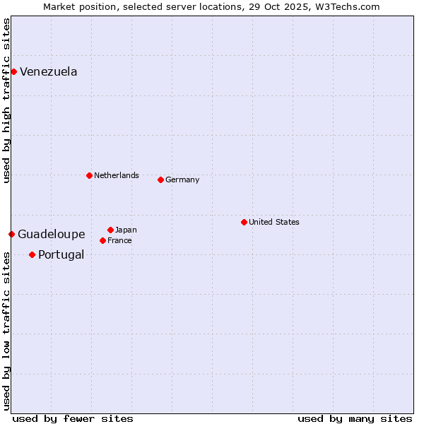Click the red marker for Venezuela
pyautogui.click(x=13, y=71)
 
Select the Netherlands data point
pyautogui.click(x=89, y=175)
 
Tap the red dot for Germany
pyautogui.click(x=160, y=179)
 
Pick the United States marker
pyautogui.click(x=244, y=222)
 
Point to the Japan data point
pyautogui.click(x=110, y=230)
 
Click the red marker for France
pyautogui.click(x=102, y=240)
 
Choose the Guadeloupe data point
pyautogui.click(x=11, y=234)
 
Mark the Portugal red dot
pyautogui.click(x=32, y=254)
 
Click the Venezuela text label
pyautogui.click(x=49, y=71)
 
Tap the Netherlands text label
pyautogui.click(x=117, y=175)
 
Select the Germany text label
pyautogui.click(x=182, y=179)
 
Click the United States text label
pyautogui.click(x=274, y=222)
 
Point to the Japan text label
pyautogui.click(x=126, y=230)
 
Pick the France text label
pyautogui.click(x=119, y=240)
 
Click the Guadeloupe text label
pyautogui.click(x=52, y=234)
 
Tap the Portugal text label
pyautogui.click(x=61, y=254)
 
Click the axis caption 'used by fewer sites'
pyautogui.click(x=73, y=418)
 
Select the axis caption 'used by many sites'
pyautogui.click(x=355, y=418)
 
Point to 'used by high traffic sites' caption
pyautogui.click(x=6, y=100)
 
